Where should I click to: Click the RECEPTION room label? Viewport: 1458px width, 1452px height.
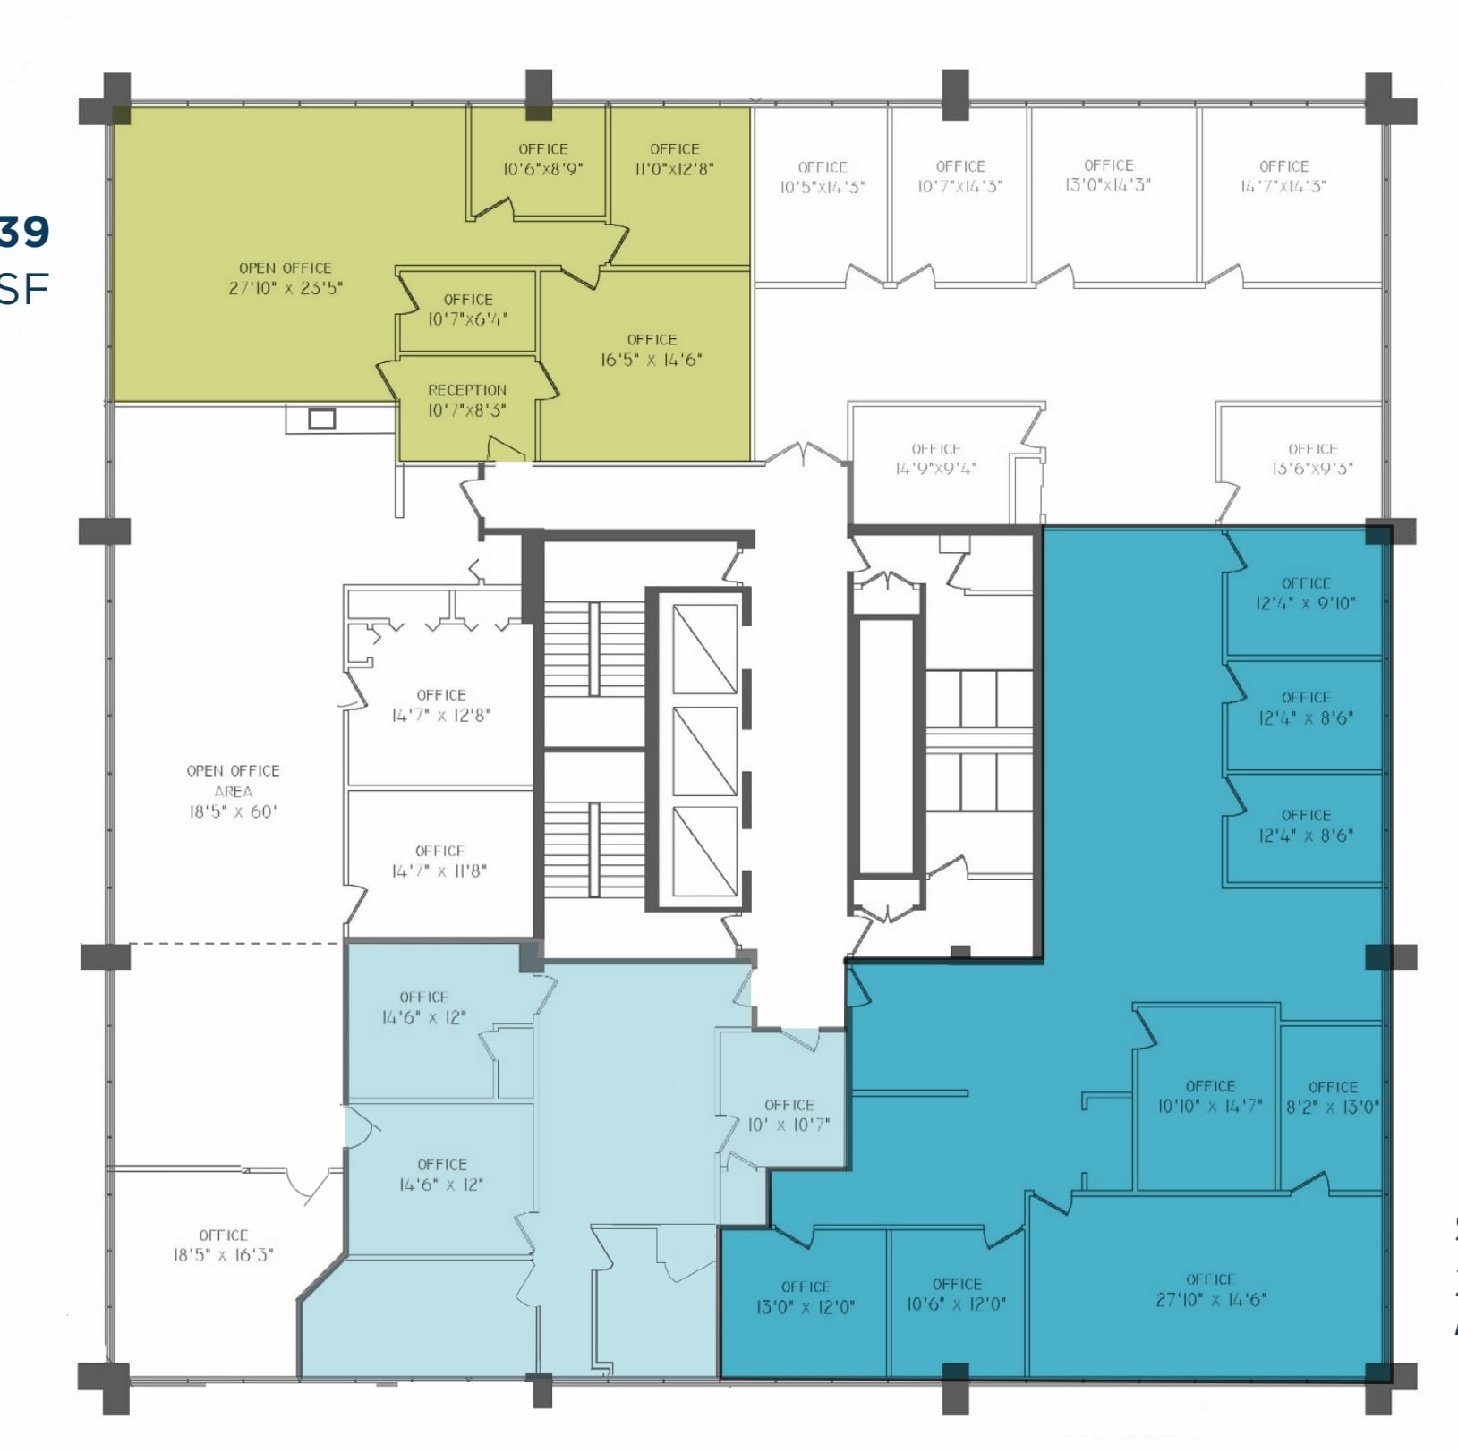coord(467,400)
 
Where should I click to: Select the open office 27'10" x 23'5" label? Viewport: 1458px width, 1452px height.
coord(285,278)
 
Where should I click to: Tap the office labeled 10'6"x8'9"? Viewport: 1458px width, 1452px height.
coord(542,159)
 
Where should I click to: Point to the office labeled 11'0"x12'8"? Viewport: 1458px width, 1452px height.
coord(674,159)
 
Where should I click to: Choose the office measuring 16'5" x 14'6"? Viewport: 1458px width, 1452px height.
coord(652,350)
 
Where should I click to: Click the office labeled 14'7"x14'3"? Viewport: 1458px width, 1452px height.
coord(1283,176)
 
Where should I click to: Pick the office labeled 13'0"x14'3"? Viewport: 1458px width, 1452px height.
coord(1108,175)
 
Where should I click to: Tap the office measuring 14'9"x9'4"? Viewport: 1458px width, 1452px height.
coord(935,458)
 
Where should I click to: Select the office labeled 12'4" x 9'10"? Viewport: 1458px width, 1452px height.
coord(1305,593)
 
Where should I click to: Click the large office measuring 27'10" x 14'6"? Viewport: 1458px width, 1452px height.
coord(1210,1289)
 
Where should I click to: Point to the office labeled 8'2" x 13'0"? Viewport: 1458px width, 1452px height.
coord(1332,1097)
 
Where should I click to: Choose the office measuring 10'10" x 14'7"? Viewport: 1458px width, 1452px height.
coord(1210,1096)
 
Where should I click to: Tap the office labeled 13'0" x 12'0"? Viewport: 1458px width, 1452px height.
coord(806,1296)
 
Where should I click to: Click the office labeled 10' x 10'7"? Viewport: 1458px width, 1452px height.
coord(789,1115)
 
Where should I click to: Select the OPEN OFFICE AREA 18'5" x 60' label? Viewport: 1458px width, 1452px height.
coord(233,791)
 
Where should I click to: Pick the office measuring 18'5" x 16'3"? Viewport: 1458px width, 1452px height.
coord(223,1244)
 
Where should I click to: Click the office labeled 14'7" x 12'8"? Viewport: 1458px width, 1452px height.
coord(440,705)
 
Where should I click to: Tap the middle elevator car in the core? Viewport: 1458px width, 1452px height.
coord(704,751)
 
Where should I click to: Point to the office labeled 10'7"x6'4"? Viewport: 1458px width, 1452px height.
coord(467,310)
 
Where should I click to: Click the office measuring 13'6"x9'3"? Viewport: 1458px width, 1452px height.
coord(1312,458)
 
